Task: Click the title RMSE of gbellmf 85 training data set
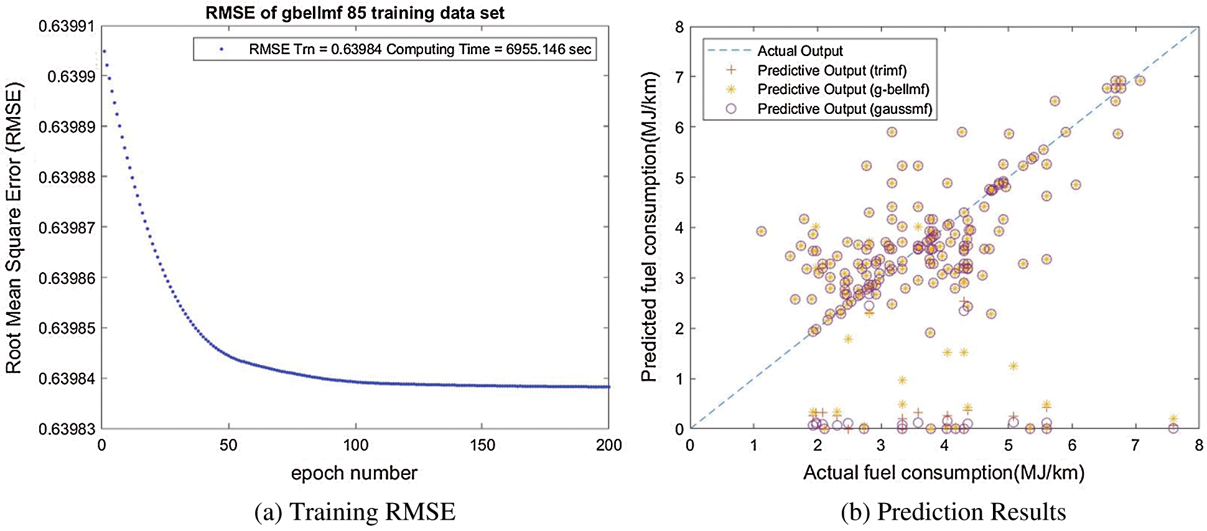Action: pos(355,13)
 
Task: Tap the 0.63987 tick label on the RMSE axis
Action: pos(67,228)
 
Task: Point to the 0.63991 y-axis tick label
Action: pos(67,27)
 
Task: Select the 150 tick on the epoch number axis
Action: pos(482,445)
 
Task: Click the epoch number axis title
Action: pos(354,473)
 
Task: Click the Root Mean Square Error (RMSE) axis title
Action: pos(14,228)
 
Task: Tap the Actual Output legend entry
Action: pos(799,51)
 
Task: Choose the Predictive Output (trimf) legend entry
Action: pos(832,70)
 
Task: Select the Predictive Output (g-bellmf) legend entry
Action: pos(843,90)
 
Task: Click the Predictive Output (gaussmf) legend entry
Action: pos(844,109)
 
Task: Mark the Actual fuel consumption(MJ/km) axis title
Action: pos(944,472)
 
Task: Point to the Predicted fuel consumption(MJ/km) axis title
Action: pos(649,228)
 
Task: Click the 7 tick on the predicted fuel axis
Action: pos(679,77)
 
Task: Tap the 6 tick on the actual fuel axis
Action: pos(1072,445)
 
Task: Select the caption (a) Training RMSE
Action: pos(355,512)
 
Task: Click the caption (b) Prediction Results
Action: pos(953,512)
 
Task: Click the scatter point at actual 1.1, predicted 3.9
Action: pos(761,231)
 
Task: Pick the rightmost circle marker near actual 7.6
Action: pos(1173,428)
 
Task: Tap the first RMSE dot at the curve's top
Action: pos(104,51)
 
